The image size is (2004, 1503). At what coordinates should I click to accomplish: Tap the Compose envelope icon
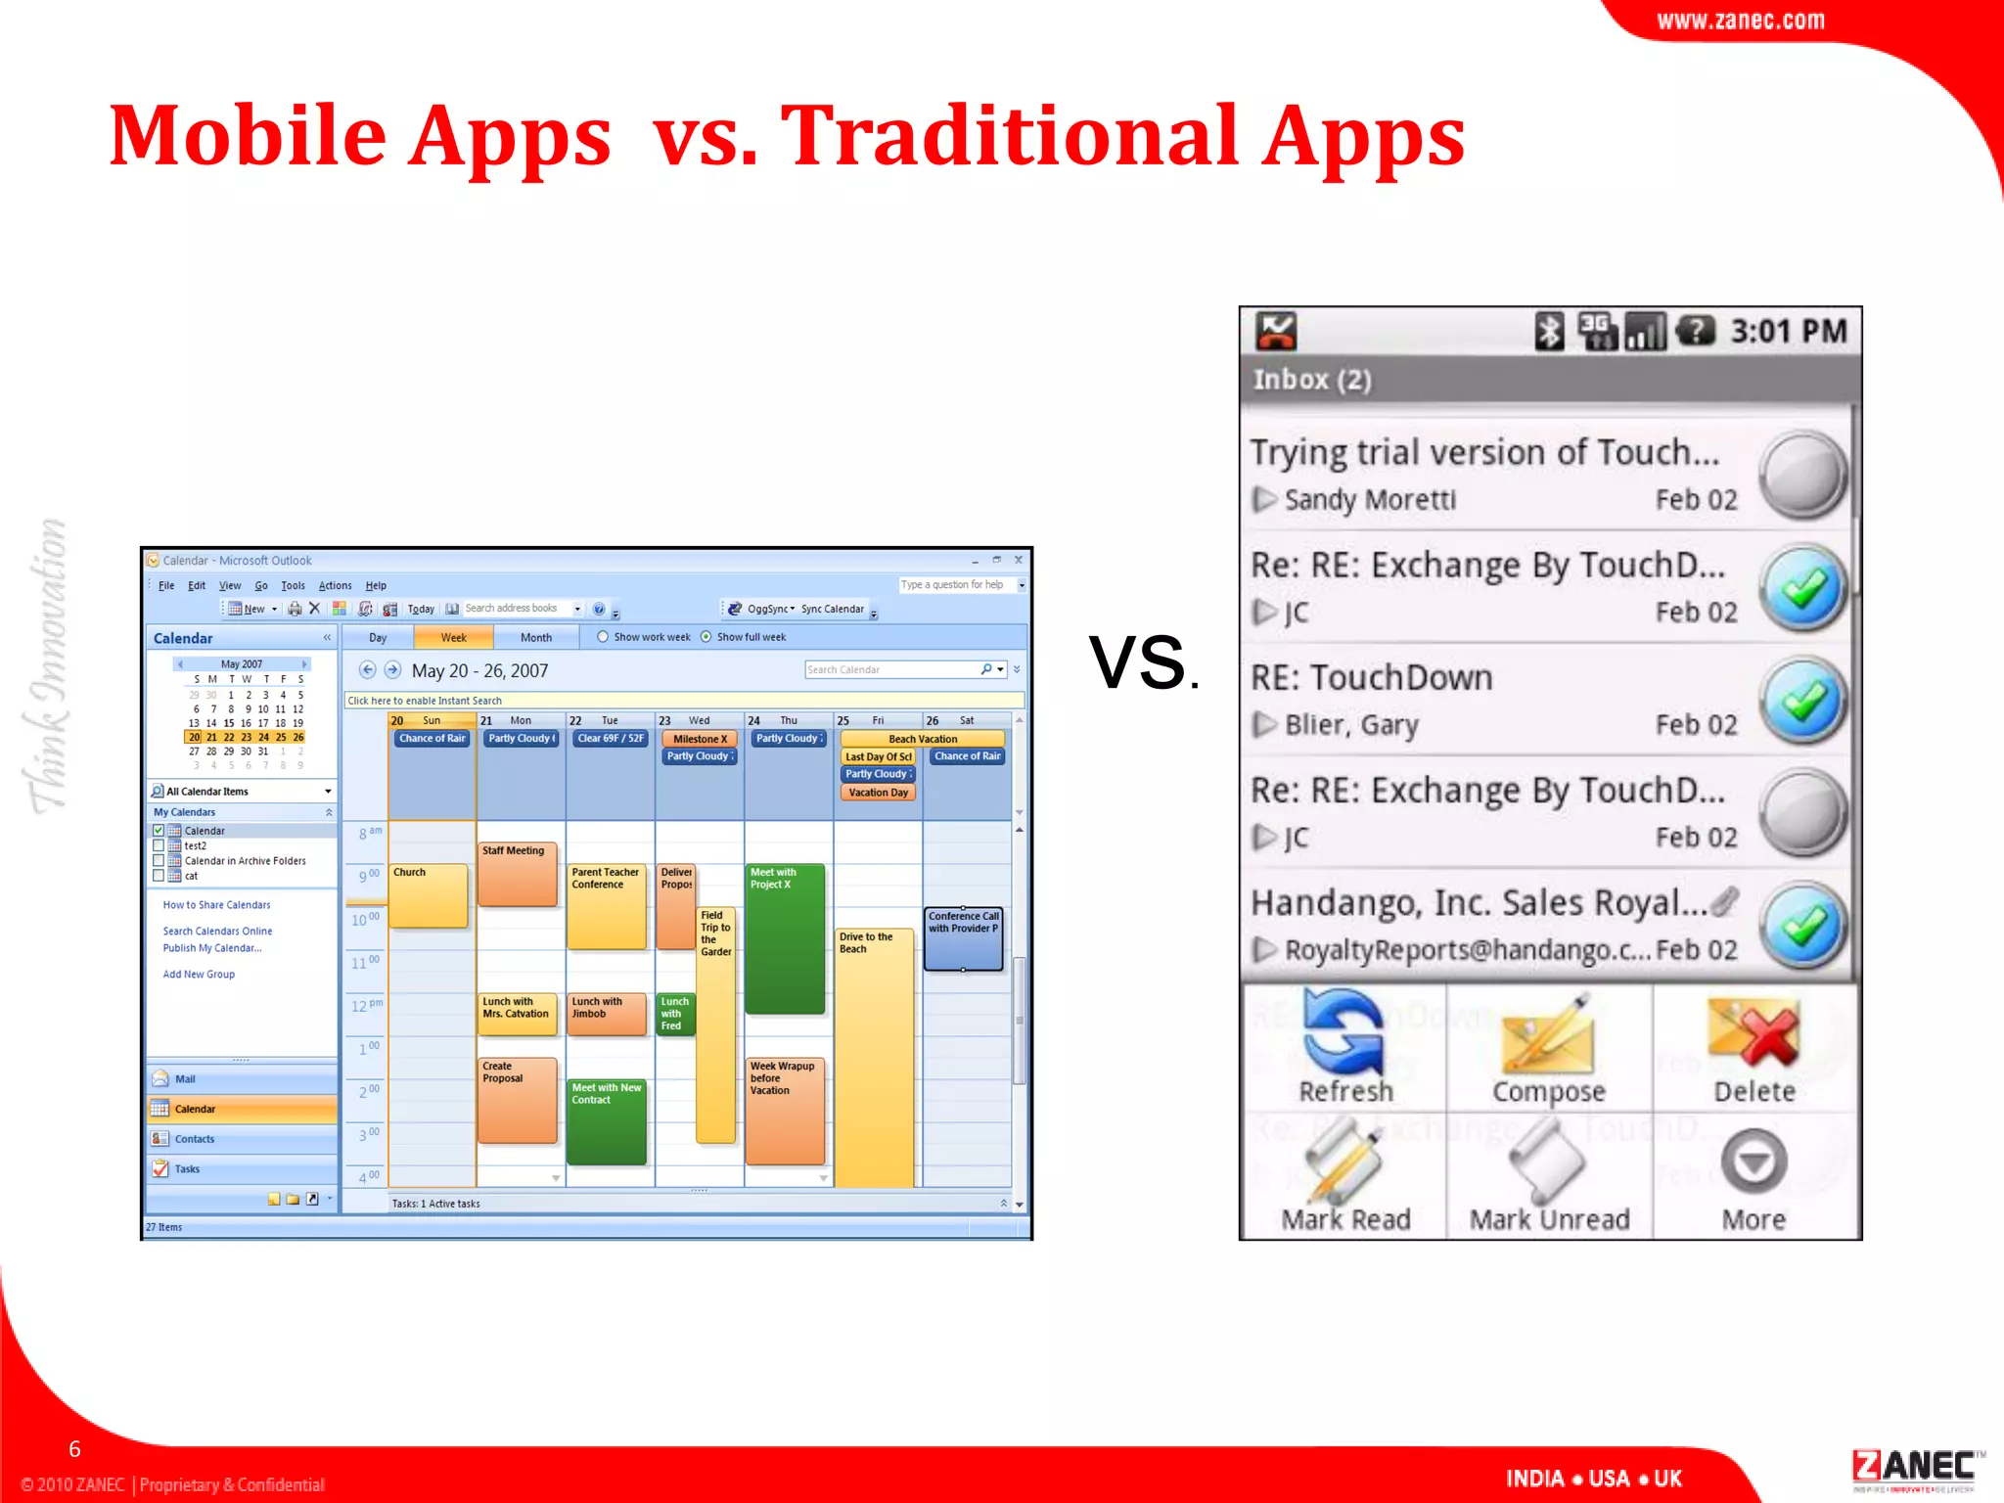[x=1549, y=1035]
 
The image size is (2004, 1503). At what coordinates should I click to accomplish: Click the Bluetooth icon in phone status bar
[x=1548, y=332]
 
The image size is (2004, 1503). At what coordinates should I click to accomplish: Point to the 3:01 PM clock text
[x=1789, y=332]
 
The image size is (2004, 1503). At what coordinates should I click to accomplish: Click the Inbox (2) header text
[x=1312, y=380]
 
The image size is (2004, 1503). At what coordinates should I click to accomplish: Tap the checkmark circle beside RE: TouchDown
[x=1802, y=701]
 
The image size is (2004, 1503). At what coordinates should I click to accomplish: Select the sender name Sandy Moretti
[x=1370, y=500]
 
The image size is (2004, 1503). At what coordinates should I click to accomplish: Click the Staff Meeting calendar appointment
[x=517, y=873]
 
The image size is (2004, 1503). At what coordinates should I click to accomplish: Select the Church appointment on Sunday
[x=429, y=894]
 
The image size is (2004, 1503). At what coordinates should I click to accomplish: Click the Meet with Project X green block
[x=785, y=937]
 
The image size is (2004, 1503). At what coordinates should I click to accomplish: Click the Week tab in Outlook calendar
[x=453, y=638]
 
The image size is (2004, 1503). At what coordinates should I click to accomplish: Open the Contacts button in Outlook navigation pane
[x=195, y=1139]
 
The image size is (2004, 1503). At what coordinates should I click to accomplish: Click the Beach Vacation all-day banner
[x=923, y=739]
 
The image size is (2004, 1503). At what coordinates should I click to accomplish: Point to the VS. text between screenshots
[x=1142, y=663]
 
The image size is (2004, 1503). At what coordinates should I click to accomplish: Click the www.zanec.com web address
[x=1740, y=21]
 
